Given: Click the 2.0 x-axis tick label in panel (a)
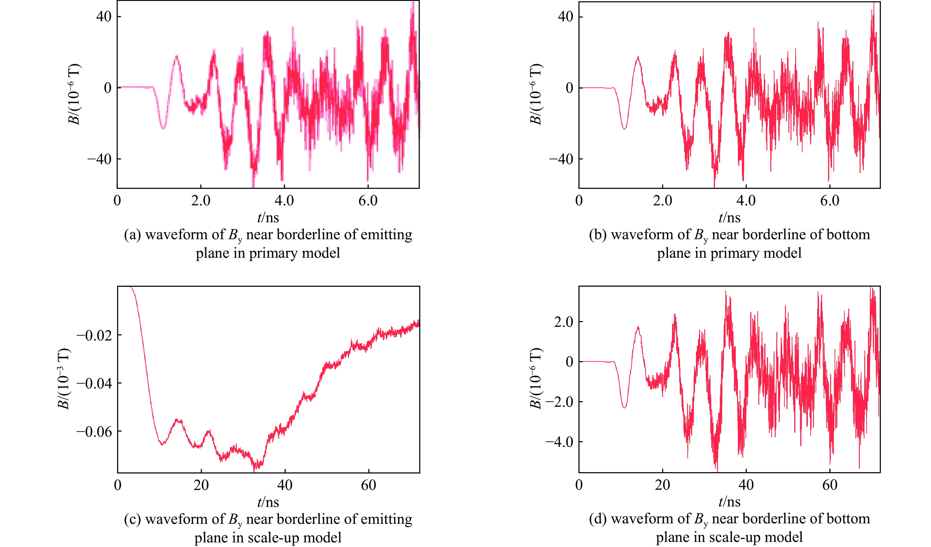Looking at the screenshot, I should [x=201, y=201].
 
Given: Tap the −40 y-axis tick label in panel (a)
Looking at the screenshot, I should [x=99, y=159].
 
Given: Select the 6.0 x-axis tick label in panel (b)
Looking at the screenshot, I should [x=830, y=201].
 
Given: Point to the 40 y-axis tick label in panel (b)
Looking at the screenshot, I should [x=565, y=17].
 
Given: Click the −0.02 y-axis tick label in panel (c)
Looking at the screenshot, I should [x=94, y=335].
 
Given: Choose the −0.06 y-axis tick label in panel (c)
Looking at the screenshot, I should [x=94, y=431].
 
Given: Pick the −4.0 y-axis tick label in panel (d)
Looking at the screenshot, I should [x=559, y=442].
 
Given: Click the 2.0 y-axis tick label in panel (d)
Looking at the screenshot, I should [x=563, y=322].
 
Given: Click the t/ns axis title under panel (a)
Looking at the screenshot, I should [x=268, y=218].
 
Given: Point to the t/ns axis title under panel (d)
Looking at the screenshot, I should [x=729, y=502].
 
